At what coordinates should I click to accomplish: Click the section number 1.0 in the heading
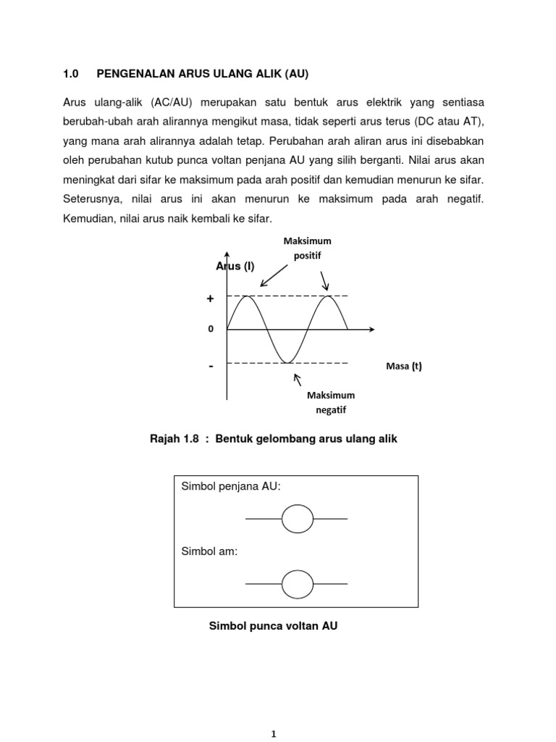coord(70,74)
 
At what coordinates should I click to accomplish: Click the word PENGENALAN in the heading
coord(133,74)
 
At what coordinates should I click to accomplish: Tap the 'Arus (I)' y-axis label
coord(235,267)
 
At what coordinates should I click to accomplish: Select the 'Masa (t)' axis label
coord(404,366)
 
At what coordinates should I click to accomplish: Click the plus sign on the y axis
coord(211,299)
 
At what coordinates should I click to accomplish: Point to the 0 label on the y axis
coord(211,329)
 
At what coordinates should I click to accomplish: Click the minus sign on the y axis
coord(211,367)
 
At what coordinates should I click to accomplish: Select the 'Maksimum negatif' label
coord(331,402)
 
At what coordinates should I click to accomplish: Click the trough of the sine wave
coord(287,362)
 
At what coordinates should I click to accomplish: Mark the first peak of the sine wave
coord(248,296)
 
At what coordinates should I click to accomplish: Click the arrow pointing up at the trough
coord(296,378)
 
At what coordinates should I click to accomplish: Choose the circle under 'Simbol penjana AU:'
coord(297,518)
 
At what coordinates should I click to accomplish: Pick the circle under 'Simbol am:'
coord(297,583)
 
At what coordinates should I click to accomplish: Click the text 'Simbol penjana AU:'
coord(231,487)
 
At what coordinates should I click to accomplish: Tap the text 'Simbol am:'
coord(209,551)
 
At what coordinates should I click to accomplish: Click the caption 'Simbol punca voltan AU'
coord(273,625)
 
